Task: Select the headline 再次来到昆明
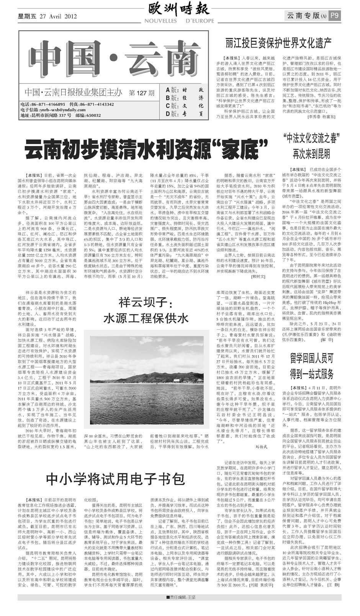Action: pyautogui.click(x=311, y=154)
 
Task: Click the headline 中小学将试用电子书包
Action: pyautogui.click(x=115, y=479)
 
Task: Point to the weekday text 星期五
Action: pyautogui.click(x=26, y=16)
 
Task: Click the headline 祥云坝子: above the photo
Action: pyautogui.click(x=147, y=303)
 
